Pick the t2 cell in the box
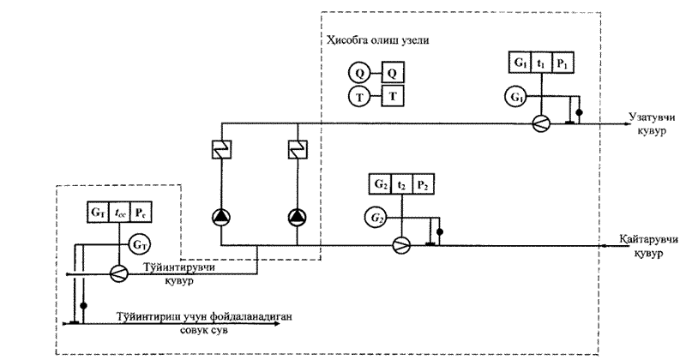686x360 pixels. [401, 184]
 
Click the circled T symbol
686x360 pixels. [358, 96]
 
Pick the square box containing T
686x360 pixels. [392, 96]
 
